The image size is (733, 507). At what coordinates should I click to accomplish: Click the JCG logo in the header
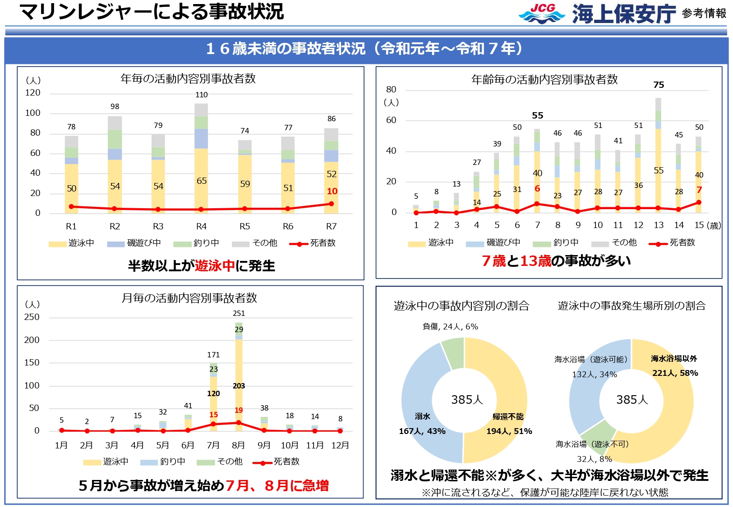pos(541,14)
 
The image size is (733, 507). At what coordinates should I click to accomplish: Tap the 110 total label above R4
pos(201,95)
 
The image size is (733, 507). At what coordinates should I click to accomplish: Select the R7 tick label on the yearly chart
pos(331,226)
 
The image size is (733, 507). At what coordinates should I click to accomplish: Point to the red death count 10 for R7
pos(332,192)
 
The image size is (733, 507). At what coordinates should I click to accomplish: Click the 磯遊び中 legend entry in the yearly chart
pos(134,243)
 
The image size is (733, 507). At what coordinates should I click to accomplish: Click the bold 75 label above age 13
pos(659,85)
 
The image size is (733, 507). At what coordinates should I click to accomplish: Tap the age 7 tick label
pos(537,225)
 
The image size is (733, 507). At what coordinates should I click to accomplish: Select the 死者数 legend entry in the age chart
pos(672,243)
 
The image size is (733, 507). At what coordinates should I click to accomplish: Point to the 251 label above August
pos(239,313)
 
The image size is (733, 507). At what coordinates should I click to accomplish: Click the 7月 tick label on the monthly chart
pos(213,445)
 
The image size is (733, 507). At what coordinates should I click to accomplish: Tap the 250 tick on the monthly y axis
pos(32,317)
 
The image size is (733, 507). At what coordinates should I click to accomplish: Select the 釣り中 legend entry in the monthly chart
pos(163,462)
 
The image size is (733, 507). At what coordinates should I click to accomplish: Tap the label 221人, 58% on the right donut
pos(675,373)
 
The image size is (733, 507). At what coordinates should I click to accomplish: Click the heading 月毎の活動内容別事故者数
pos(189,298)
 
